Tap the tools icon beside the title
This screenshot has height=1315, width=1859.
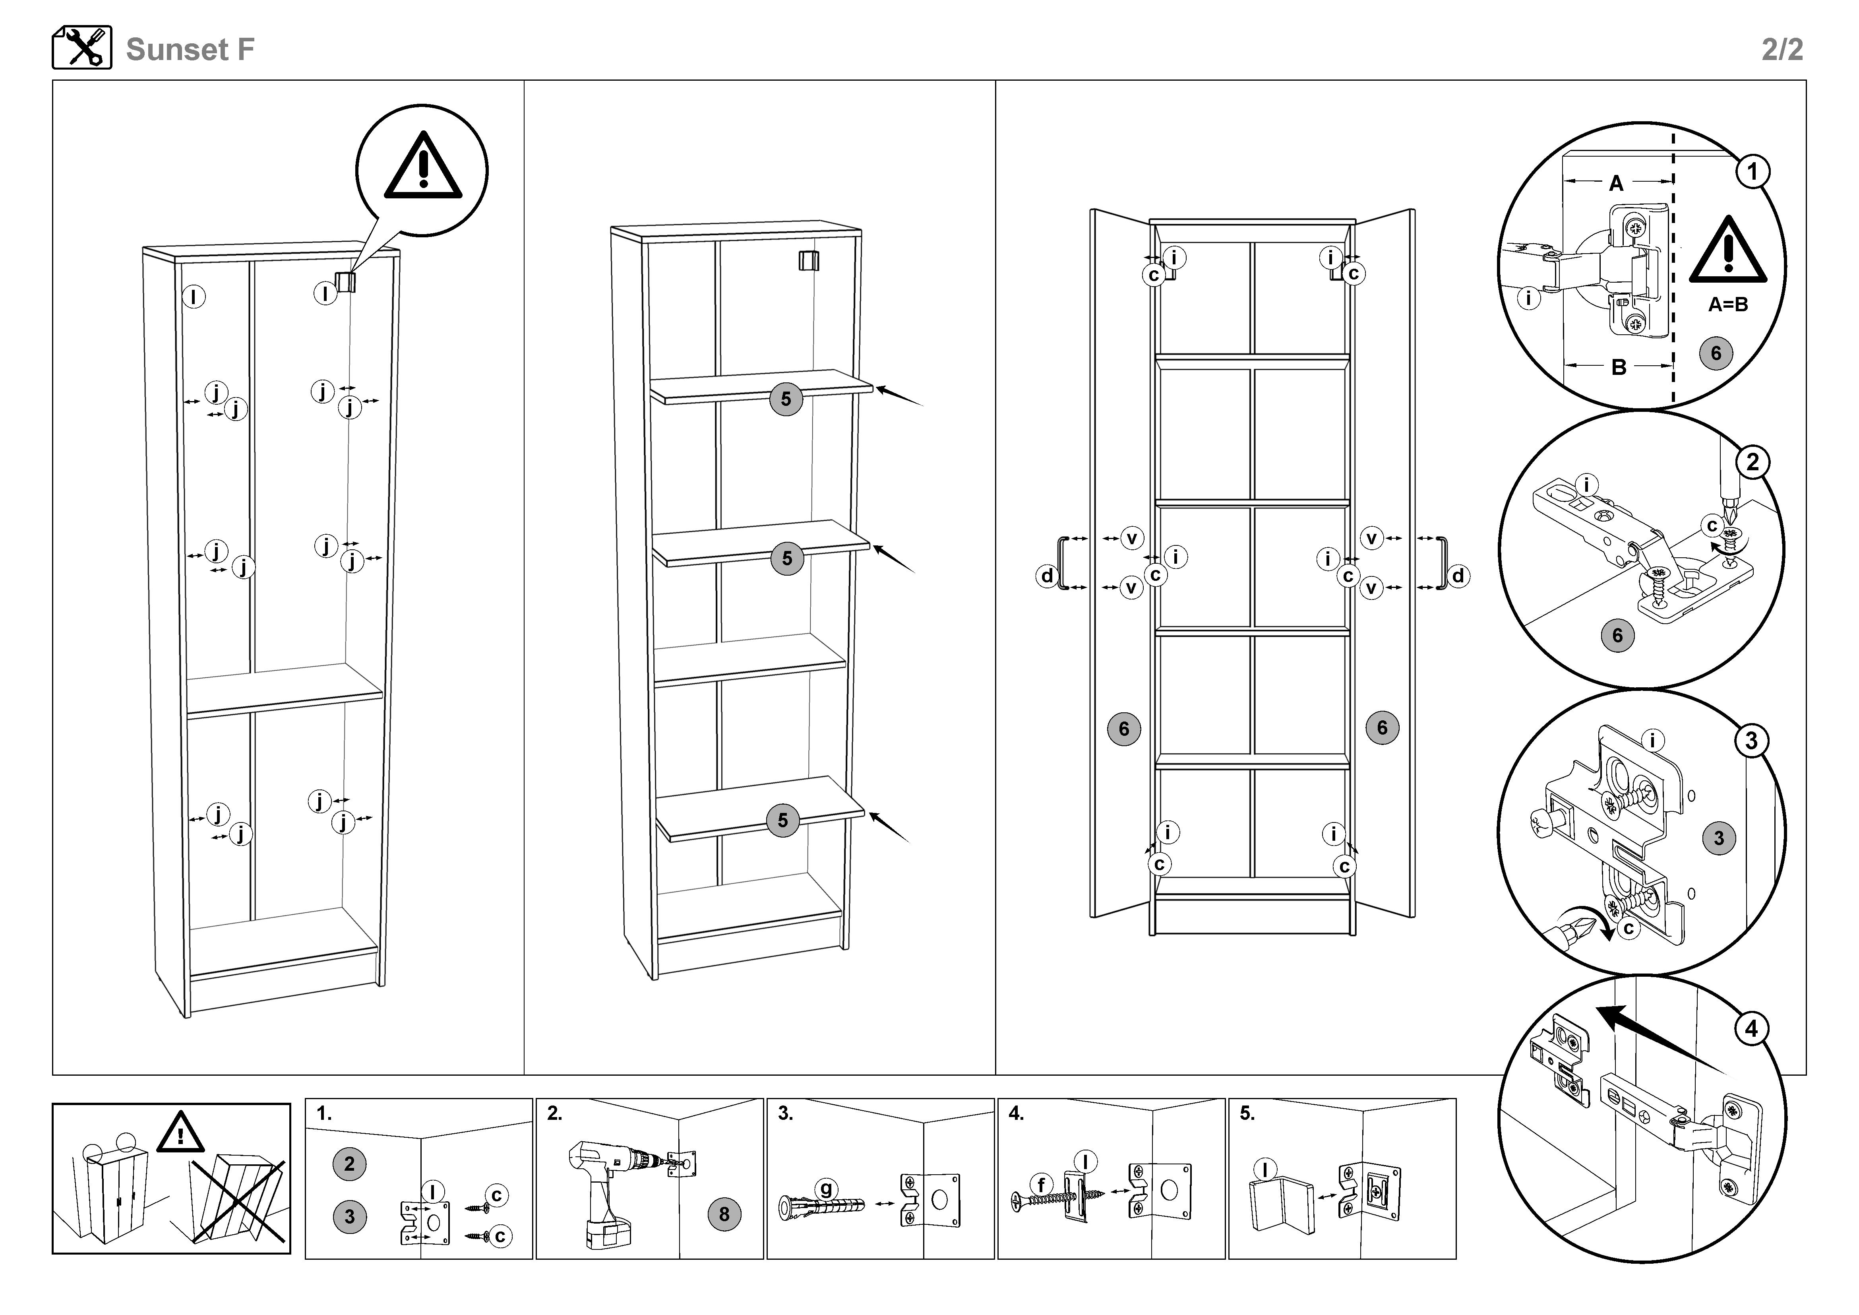click(x=82, y=48)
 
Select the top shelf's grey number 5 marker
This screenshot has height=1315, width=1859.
click(x=785, y=399)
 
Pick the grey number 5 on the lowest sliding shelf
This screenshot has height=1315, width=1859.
click(x=782, y=820)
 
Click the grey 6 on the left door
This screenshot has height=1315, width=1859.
click(x=1124, y=729)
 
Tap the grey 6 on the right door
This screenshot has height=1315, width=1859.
click(x=1382, y=727)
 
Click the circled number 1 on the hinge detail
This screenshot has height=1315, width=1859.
click(x=1753, y=172)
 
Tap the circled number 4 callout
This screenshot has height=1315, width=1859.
click(x=1751, y=1029)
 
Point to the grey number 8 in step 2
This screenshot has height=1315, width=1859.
click(x=724, y=1214)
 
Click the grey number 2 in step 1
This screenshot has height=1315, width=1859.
click(x=349, y=1164)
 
